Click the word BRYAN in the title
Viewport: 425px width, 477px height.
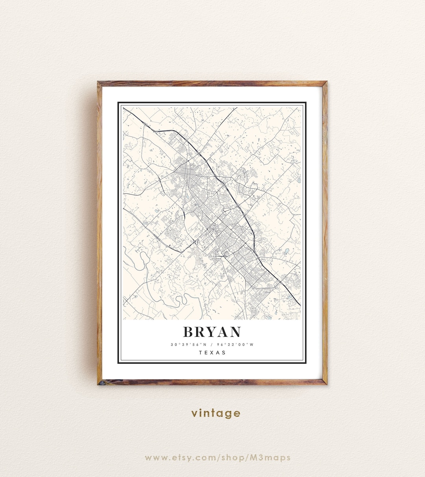pos(212,332)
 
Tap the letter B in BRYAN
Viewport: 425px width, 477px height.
pos(188,332)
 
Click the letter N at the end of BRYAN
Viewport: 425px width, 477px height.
pos(235,332)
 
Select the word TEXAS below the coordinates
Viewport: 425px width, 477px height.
pos(212,353)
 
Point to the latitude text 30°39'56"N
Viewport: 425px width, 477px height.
pos(187,345)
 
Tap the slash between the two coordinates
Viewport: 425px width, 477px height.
pos(211,345)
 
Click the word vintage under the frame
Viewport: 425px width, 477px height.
pos(216,413)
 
